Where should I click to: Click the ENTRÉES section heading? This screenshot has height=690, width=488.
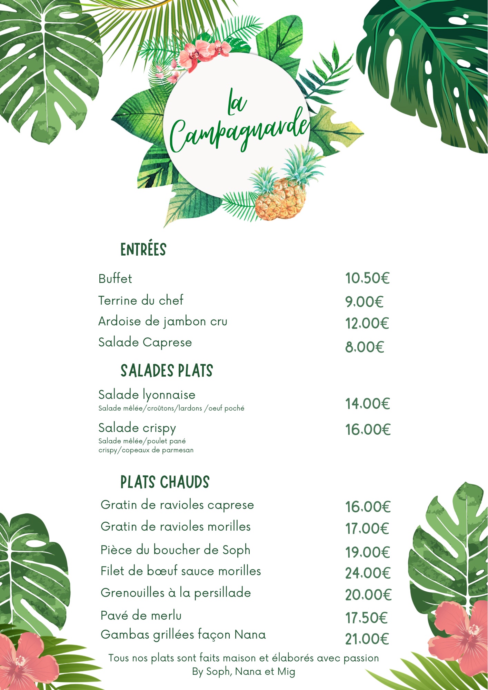tap(143, 249)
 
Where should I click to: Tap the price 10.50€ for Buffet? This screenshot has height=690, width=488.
tap(367, 278)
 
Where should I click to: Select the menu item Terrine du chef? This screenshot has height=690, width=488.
tap(141, 300)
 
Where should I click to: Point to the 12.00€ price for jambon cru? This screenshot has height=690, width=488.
tap(367, 323)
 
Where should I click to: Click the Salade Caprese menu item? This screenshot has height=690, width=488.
tap(145, 342)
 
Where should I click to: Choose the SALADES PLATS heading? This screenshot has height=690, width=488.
tap(167, 371)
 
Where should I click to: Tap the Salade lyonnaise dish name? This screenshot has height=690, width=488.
tap(147, 394)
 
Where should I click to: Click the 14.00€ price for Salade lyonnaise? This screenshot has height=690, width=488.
tap(368, 404)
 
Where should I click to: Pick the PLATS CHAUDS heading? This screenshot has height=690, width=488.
tap(165, 482)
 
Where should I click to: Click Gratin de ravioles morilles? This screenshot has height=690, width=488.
tap(176, 526)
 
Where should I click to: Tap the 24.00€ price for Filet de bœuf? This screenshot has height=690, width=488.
tap(368, 573)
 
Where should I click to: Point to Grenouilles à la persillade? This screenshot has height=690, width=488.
tap(176, 593)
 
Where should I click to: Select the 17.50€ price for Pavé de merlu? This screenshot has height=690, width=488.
tap(366, 618)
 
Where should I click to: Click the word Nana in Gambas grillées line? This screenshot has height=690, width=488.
tap(250, 634)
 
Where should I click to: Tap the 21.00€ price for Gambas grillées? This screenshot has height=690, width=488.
tap(367, 639)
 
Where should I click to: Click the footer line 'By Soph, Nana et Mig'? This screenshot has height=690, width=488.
tap(243, 671)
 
